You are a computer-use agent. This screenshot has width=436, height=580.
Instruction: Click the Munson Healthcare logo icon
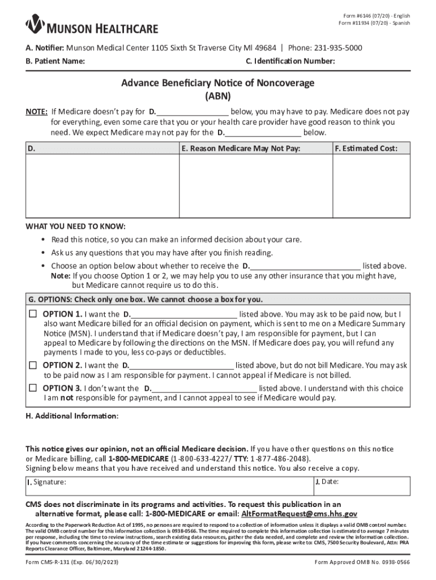click(x=36, y=24)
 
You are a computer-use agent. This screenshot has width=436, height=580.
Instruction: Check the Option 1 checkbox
click(x=33, y=314)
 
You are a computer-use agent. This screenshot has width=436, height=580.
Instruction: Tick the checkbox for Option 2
click(x=33, y=365)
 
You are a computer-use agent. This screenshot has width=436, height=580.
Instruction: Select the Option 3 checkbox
click(x=33, y=388)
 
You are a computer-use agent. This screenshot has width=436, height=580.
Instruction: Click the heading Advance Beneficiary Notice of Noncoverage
click(x=217, y=83)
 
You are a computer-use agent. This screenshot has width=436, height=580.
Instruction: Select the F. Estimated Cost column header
click(x=366, y=148)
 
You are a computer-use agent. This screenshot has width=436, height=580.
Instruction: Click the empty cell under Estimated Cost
click(x=371, y=187)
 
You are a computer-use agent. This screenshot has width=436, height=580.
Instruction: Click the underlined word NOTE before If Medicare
click(x=36, y=112)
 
